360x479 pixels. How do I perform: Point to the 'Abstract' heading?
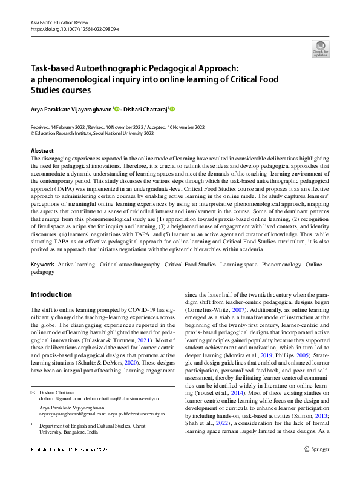pos(42,150)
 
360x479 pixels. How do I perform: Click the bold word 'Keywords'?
pos(42,265)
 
